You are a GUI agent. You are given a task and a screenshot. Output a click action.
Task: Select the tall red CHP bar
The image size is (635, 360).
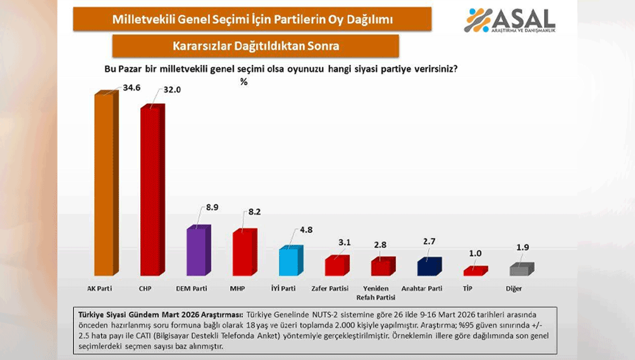[x=150, y=191]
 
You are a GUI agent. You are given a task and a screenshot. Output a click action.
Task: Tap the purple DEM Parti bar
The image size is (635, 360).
[x=196, y=251]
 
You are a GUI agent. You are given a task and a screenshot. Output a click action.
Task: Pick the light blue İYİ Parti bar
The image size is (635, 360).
[x=289, y=261]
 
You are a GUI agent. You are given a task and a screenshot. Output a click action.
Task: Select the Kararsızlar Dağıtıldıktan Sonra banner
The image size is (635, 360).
[x=256, y=46]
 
